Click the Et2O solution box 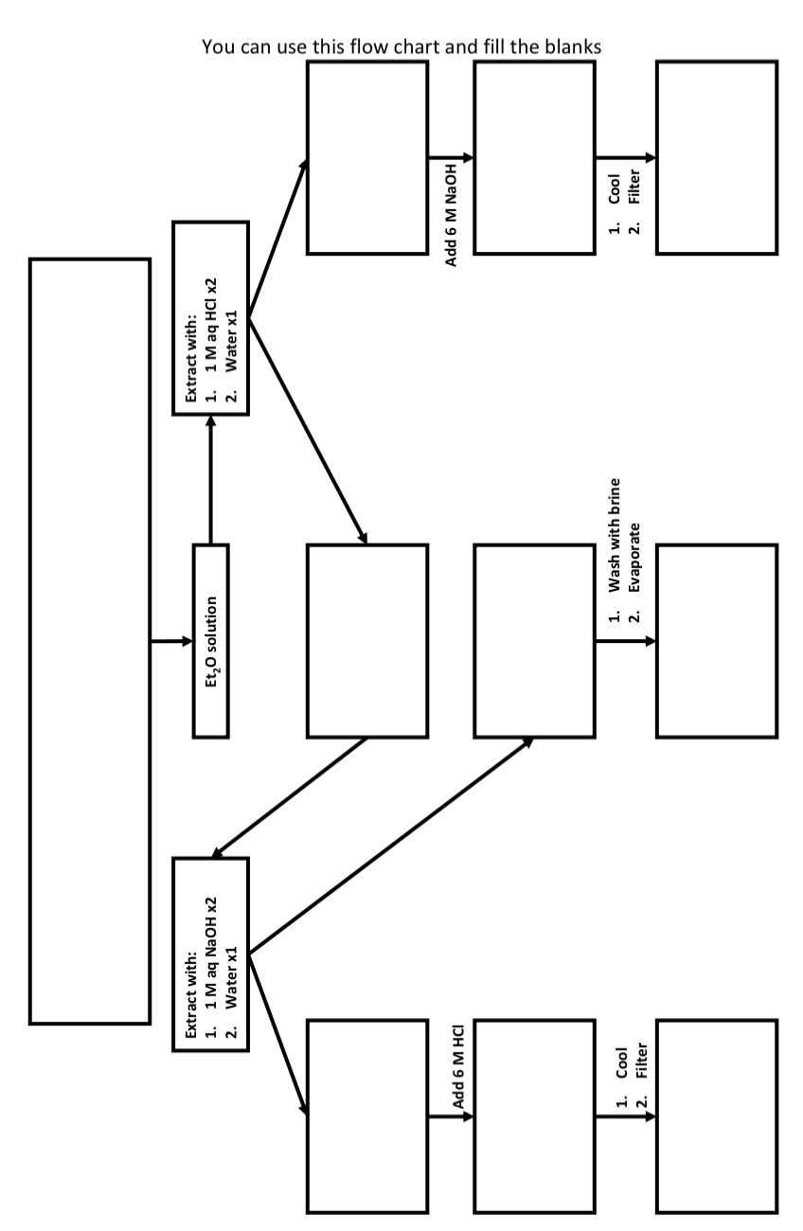pyautogui.click(x=212, y=641)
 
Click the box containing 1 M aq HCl pyautogui.click(x=209, y=317)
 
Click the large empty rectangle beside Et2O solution pyautogui.click(x=90, y=641)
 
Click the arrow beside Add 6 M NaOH pyautogui.click(x=450, y=158)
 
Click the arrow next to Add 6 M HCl pyautogui.click(x=450, y=1115)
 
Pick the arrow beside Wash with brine pyautogui.click(x=625, y=641)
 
